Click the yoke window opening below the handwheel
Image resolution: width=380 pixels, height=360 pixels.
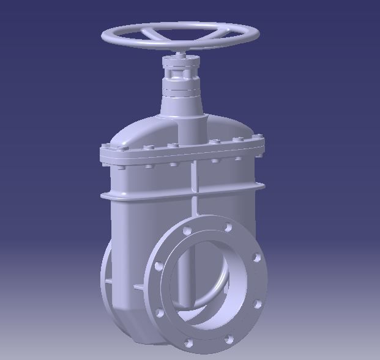tap(181, 74)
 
